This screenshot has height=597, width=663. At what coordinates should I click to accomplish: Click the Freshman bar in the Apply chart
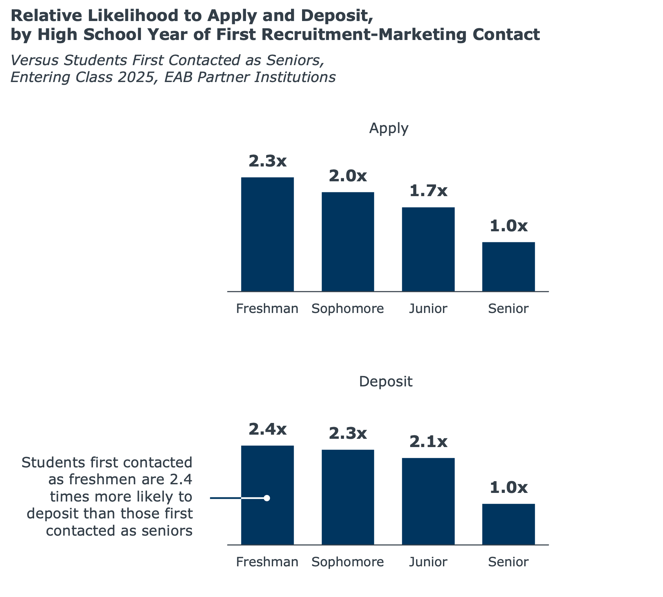pyautogui.click(x=267, y=234)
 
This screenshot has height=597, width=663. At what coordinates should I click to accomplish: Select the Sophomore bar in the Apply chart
pyautogui.click(x=348, y=241)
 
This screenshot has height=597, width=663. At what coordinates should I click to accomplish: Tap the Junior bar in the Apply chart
pyautogui.click(x=428, y=249)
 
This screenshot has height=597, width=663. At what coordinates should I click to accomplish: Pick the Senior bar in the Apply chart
pyautogui.click(x=508, y=266)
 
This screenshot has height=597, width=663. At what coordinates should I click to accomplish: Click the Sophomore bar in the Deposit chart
pyautogui.click(x=348, y=496)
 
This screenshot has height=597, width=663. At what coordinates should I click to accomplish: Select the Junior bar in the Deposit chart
pyautogui.click(x=428, y=500)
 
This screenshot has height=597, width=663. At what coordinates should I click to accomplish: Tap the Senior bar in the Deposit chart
pyautogui.click(x=508, y=524)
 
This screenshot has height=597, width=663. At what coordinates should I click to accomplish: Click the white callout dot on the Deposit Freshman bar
pyautogui.click(x=267, y=498)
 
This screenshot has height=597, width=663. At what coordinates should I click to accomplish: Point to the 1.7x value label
pyautogui.click(x=428, y=191)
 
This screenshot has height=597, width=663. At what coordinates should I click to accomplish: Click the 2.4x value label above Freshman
pyautogui.click(x=267, y=429)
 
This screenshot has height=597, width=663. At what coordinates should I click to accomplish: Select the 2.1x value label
pyautogui.click(x=428, y=442)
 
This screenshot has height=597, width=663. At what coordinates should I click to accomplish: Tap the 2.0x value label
pyautogui.click(x=348, y=176)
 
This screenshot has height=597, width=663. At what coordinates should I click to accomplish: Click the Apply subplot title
pyautogui.click(x=389, y=128)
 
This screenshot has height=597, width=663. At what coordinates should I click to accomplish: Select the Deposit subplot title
pyautogui.click(x=385, y=382)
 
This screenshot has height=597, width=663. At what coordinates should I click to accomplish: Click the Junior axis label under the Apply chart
pyautogui.click(x=428, y=308)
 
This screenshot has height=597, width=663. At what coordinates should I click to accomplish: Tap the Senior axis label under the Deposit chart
pyautogui.click(x=508, y=562)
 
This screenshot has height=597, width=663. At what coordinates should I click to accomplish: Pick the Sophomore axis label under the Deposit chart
pyautogui.click(x=348, y=562)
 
